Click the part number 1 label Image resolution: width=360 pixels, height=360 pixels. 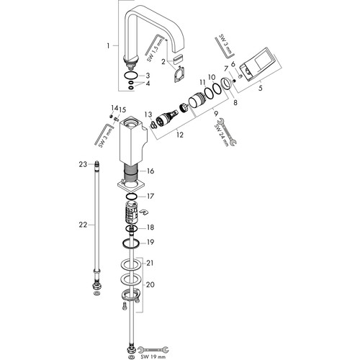point(108,45)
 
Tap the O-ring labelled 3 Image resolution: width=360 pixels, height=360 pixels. point(131,76)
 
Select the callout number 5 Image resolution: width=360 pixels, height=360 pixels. point(261,88)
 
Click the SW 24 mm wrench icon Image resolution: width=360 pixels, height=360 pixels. point(226,132)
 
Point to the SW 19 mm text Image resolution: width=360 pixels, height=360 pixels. point(153,357)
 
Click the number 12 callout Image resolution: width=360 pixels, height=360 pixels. point(179,135)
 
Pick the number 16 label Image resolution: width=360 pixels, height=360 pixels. point(150,171)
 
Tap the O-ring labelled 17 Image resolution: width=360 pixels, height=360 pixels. point(132,197)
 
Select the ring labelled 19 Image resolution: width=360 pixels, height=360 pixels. point(131,243)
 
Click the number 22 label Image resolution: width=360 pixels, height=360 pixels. point(83,225)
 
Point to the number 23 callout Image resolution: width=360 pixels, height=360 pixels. point(83,164)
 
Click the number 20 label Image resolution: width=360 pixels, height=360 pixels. point(150,284)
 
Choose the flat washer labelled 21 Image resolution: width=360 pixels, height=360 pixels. point(131,264)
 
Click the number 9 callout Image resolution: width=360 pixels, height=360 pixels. point(216,112)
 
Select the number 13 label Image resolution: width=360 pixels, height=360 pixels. point(148,114)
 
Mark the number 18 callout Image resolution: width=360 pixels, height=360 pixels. point(150,227)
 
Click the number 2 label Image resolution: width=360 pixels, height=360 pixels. point(163,62)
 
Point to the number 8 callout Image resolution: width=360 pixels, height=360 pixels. point(235,102)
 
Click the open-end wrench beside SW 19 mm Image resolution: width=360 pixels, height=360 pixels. point(153,349)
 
